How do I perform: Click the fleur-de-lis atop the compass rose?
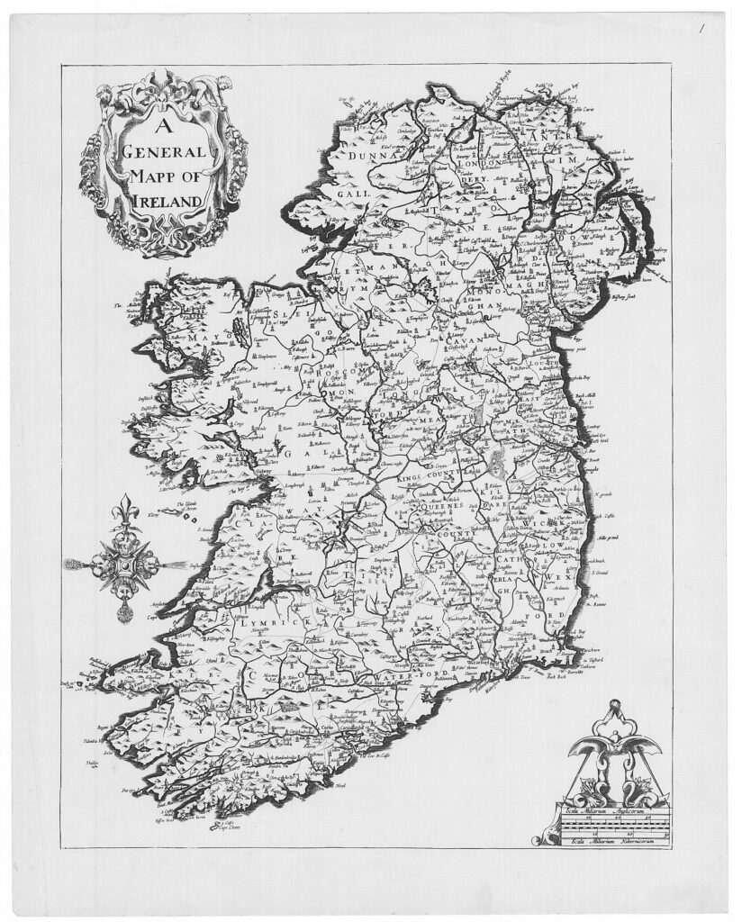123,511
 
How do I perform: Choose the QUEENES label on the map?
430,506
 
